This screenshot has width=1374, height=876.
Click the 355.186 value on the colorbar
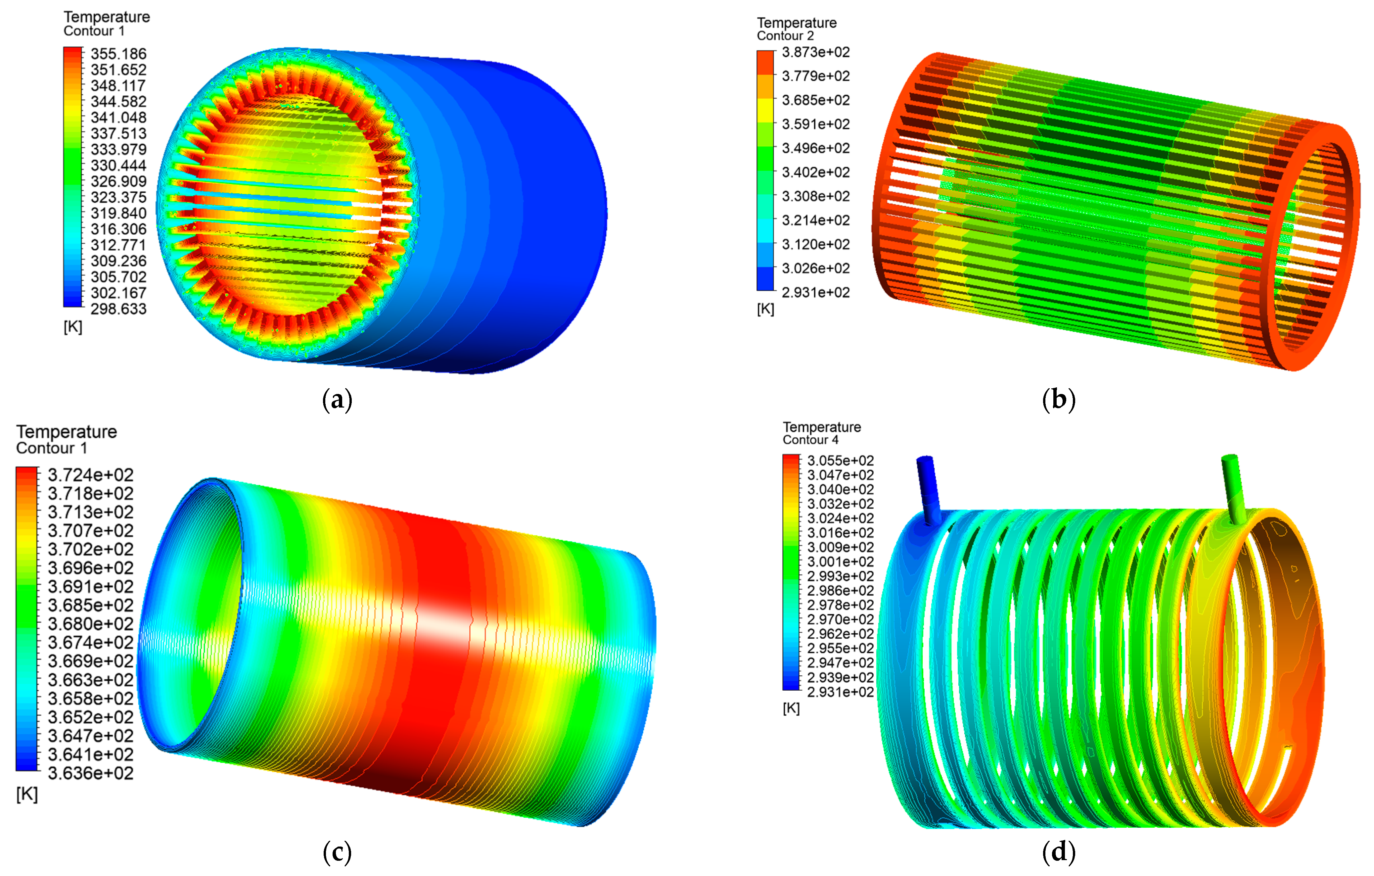119,54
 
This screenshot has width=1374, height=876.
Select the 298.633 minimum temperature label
119,309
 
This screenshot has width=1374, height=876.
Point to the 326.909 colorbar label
119,181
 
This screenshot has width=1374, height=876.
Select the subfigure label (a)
337,400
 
